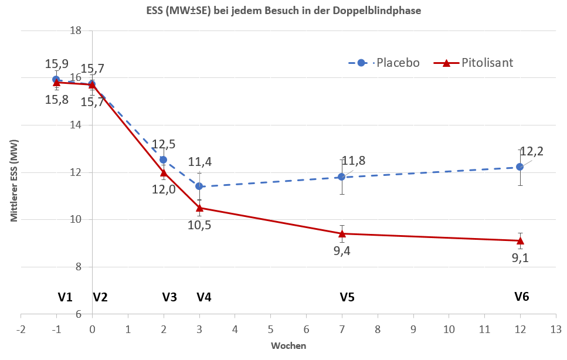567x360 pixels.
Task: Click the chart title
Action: click(283, 11)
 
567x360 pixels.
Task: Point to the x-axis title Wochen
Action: click(288, 346)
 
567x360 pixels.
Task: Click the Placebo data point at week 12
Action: click(520, 167)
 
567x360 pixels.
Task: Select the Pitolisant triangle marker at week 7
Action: click(342, 233)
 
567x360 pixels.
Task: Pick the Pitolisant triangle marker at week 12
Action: click(520, 240)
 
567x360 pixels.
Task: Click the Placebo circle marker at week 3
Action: click(199, 186)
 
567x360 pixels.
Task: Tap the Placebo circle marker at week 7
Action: click(342, 176)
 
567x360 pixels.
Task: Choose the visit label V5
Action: click(347, 297)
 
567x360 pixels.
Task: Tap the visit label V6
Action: click(522, 297)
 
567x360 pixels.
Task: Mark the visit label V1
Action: click(65, 297)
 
